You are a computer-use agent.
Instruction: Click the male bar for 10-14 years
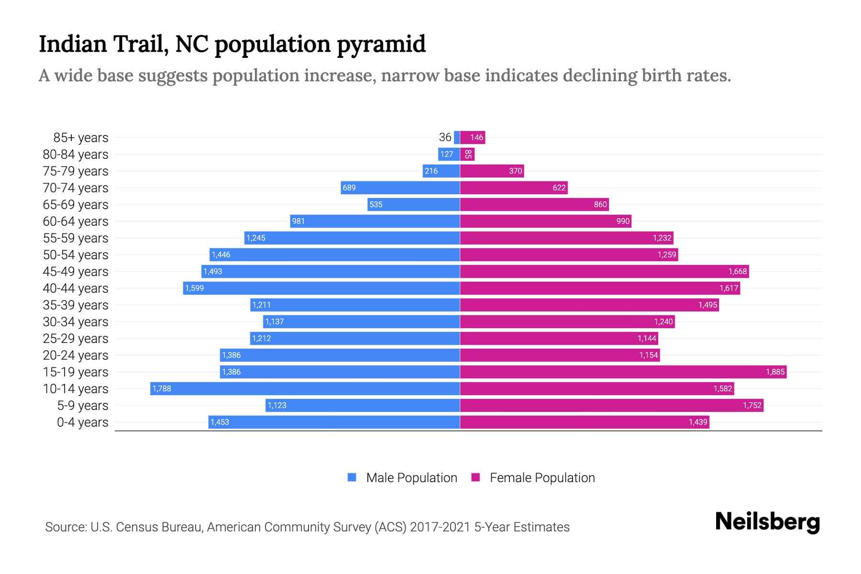[x=305, y=388]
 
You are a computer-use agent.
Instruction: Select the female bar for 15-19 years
[x=623, y=372]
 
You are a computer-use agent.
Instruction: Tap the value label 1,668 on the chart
[x=737, y=271]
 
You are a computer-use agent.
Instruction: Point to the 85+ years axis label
[x=81, y=137]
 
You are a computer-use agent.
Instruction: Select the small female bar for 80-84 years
[x=467, y=154]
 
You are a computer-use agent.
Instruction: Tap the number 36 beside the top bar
[x=445, y=137]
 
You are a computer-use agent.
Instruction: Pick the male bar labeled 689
[x=400, y=188]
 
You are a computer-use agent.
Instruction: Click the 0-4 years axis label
[x=82, y=422]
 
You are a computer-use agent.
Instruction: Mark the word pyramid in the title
[x=381, y=44]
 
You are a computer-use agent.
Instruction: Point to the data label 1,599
[x=194, y=288]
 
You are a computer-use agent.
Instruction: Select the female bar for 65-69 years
[x=534, y=204]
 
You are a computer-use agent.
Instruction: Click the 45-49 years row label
[x=76, y=271]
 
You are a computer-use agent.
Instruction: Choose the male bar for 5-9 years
[x=363, y=405]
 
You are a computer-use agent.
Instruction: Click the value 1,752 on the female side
[x=751, y=405]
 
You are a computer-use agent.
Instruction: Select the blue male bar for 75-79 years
[x=441, y=171]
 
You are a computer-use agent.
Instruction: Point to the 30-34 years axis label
[x=76, y=321]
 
